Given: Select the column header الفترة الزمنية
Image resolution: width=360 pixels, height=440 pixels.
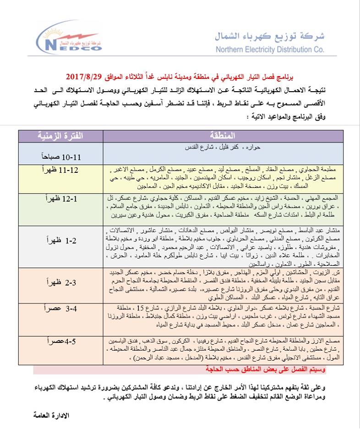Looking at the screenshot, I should (60, 136).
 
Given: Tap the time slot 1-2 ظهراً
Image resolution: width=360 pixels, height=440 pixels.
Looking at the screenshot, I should (60, 240).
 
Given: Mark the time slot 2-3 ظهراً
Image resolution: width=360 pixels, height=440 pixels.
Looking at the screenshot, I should (60, 284).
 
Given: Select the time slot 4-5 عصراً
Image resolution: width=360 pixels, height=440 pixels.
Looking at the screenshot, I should (60, 341).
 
